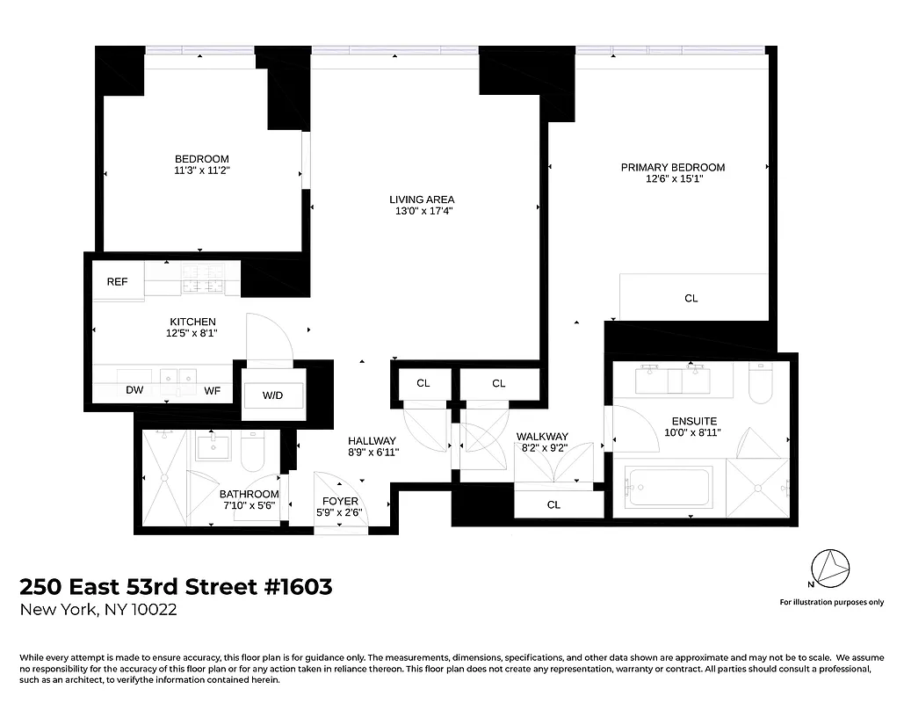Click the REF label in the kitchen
[x=117, y=282]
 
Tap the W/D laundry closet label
[x=273, y=395]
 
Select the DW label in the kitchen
[x=134, y=390]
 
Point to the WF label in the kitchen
[x=213, y=390]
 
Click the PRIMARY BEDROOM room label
[x=673, y=167]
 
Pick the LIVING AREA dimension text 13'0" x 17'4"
[x=422, y=211]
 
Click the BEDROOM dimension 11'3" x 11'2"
[x=201, y=170]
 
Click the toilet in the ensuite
[x=761, y=383]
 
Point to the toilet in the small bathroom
[x=251, y=449]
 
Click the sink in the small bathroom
[x=212, y=448]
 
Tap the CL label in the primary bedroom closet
[x=691, y=299]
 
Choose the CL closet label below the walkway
[x=553, y=504]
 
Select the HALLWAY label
[x=372, y=440]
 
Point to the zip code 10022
[x=151, y=610]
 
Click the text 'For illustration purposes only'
[x=831, y=602]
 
